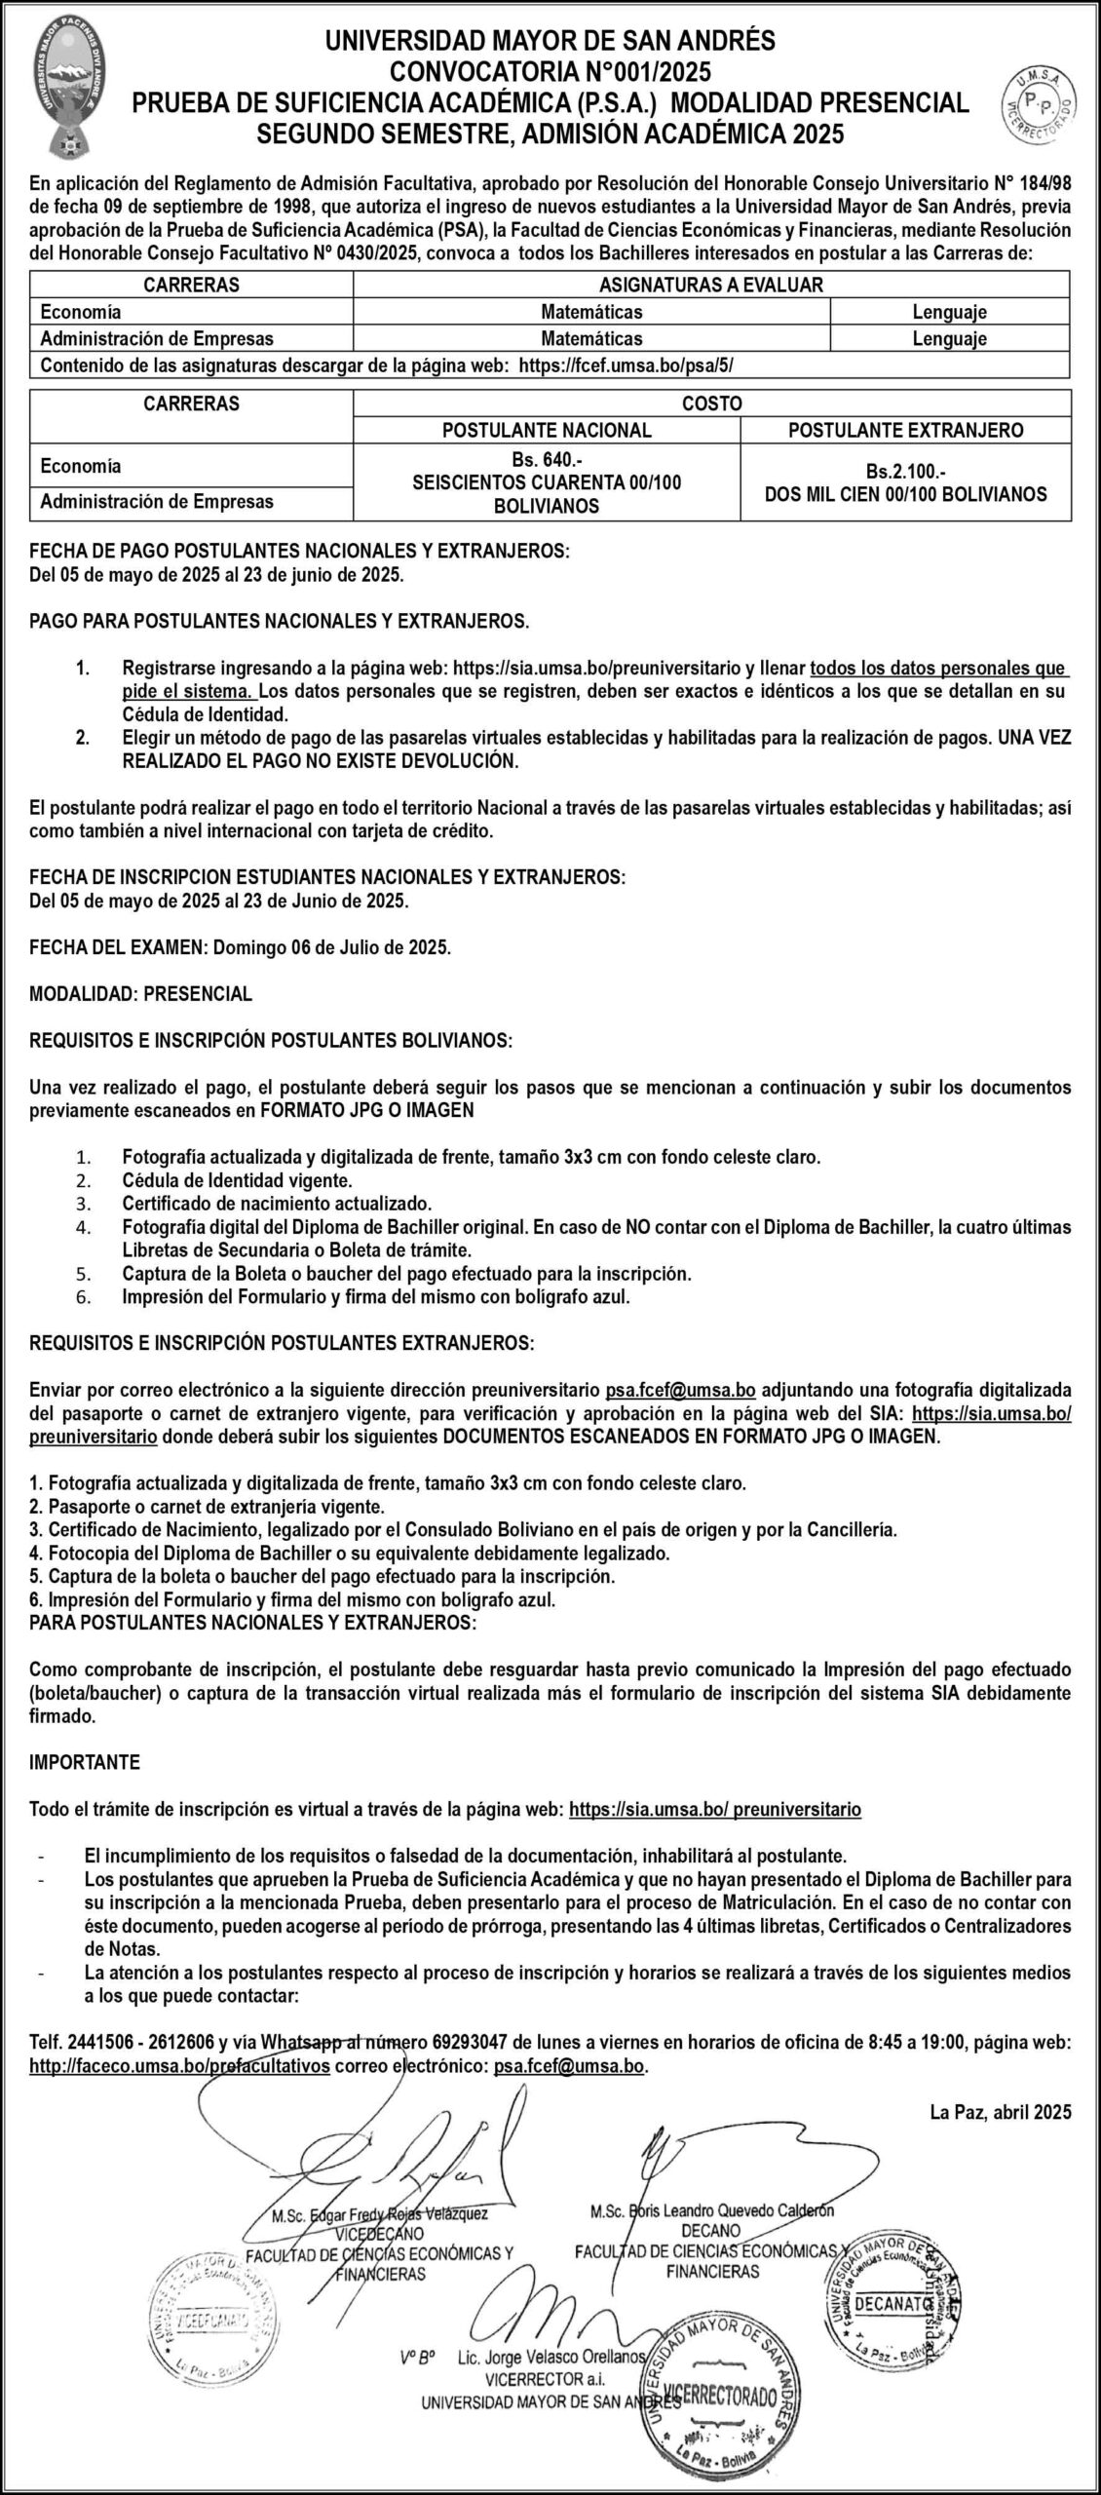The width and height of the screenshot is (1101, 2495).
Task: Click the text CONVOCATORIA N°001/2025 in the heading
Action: pos(550,71)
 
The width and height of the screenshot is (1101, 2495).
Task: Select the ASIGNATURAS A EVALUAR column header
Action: pos(711,285)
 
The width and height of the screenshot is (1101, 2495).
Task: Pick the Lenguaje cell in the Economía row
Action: pos(949,312)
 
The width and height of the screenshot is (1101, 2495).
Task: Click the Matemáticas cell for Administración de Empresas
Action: pos(591,339)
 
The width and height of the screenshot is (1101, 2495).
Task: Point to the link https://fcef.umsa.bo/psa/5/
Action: pos(627,365)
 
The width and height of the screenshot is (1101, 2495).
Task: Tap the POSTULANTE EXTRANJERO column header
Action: pos(905,430)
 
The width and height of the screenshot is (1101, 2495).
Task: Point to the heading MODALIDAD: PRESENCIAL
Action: pos(141,993)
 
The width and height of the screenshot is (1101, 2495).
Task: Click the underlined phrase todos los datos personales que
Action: pos(938,670)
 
